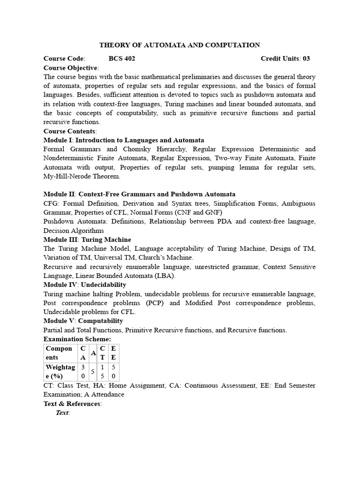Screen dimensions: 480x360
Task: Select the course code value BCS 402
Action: pyautogui.click(x=122, y=59)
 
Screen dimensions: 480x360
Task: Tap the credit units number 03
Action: pyautogui.click(x=306, y=59)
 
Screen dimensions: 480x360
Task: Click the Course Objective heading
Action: pyautogui.click(x=71, y=67)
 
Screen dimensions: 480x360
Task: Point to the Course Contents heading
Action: pyautogui.click(x=69, y=131)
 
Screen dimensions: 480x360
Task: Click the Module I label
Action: pyautogui.click(x=58, y=140)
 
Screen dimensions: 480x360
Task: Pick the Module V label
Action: pyautogui.click(x=59, y=321)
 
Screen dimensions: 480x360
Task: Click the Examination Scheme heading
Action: pyautogui.click(x=77, y=339)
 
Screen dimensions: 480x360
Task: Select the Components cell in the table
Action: pyautogui.click(x=59, y=352)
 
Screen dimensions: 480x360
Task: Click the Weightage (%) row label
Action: pyautogui.click(x=59, y=371)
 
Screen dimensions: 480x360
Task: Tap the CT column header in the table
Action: pyautogui.click(x=102, y=352)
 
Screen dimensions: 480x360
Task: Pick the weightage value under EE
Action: pyautogui.click(x=113, y=371)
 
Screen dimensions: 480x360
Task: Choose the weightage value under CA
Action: pyautogui.click(x=83, y=371)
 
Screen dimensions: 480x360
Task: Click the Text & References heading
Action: pyautogui.click(x=72, y=404)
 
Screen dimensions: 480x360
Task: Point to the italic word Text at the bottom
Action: pyautogui.click(x=62, y=412)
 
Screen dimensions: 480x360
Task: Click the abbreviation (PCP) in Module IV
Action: pyautogui.click(x=154, y=303)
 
